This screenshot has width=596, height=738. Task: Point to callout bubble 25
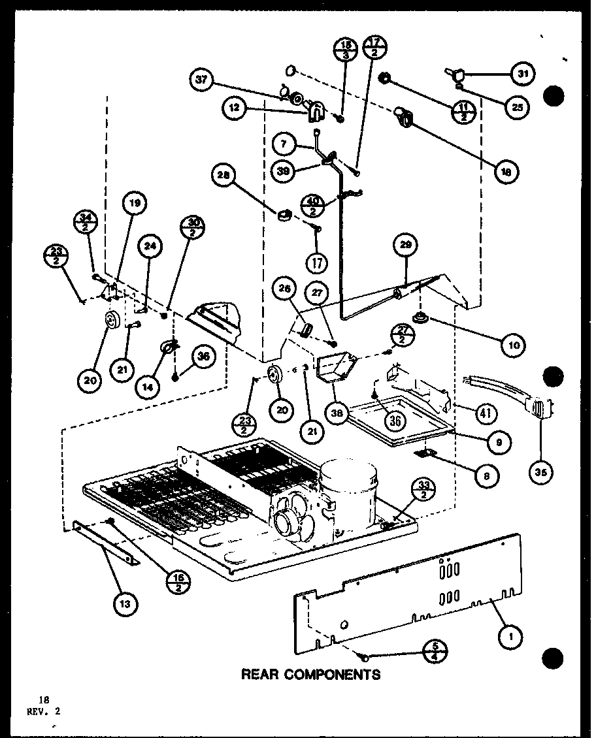(518, 108)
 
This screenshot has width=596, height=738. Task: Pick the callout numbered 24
(150, 247)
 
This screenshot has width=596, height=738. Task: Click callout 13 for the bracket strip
(125, 604)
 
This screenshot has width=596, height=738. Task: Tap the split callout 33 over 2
(424, 489)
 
